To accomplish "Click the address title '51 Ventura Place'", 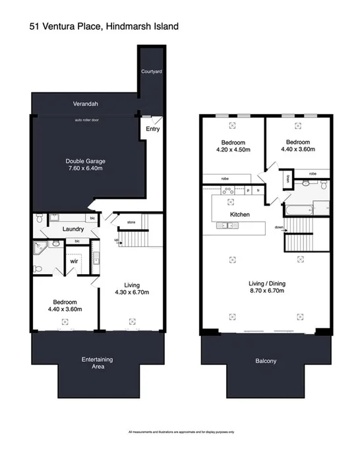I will coord(66,26).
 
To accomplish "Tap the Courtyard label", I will coord(151,71).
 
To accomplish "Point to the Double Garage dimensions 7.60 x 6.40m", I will coord(86,169).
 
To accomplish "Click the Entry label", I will coord(152,129).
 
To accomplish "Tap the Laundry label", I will coord(71,229).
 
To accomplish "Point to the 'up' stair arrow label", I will coord(117,241).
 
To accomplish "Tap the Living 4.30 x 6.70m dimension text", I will coord(132,292).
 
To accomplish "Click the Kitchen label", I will coord(239,215).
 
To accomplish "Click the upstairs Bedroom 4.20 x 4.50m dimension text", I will coord(234,150).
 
